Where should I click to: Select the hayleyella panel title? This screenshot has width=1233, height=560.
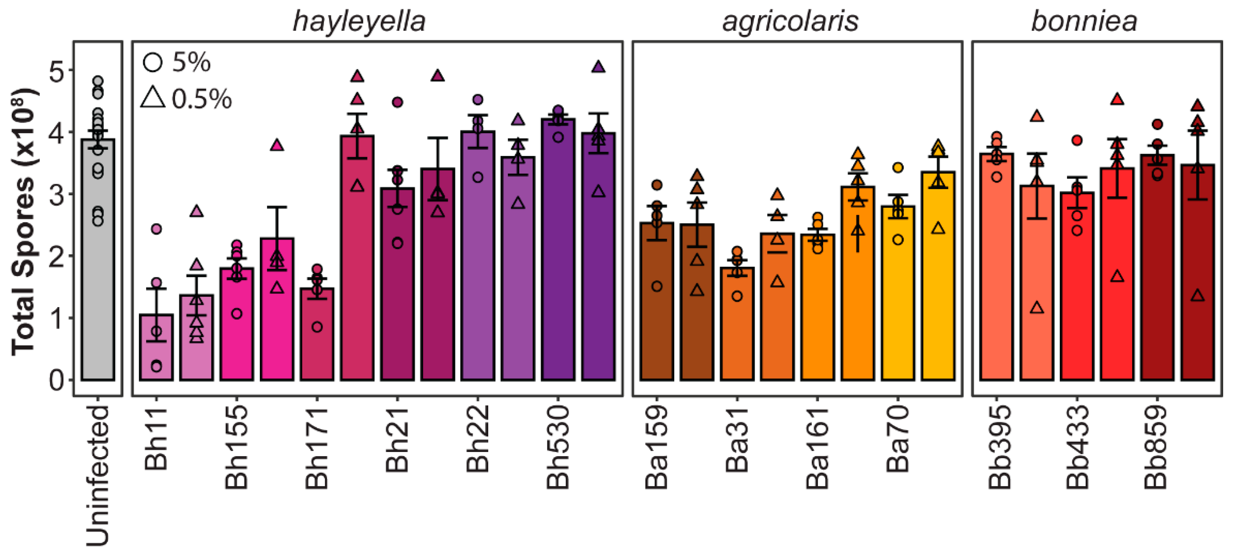pyautogui.click(x=359, y=22)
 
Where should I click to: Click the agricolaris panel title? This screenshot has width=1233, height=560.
pyautogui.click(x=790, y=22)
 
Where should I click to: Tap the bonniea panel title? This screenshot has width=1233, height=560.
pyautogui.click(x=1084, y=22)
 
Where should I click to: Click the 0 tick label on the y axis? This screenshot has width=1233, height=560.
pyautogui.click(x=56, y=381)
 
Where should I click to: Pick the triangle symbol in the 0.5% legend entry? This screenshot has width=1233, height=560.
pyautogui.click(x=153, y=98)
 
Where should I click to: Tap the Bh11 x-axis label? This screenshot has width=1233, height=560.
pyautogui.click(x=156, y=438)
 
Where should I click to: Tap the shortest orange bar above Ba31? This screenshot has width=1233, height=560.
pyautogui.click(x=737, y=326)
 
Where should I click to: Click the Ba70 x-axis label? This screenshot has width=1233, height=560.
pyautogui.click(x=898, y=438)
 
